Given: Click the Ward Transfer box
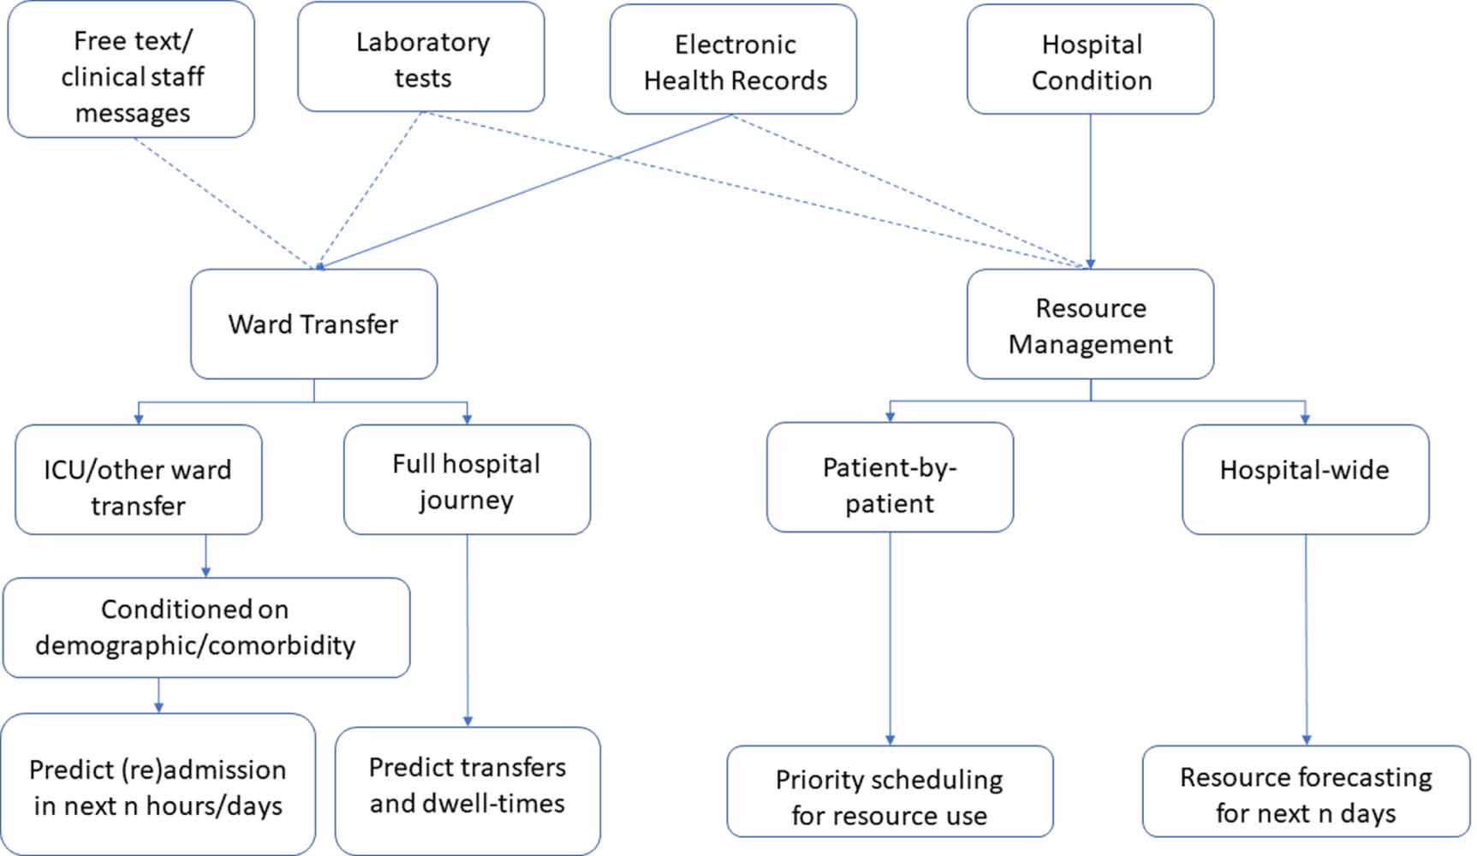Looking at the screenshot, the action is pos(314,324).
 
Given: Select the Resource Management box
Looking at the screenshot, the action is pos(1090,324).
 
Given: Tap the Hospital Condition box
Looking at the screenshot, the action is pos(1090,60).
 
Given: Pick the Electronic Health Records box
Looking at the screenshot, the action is pos(734,60).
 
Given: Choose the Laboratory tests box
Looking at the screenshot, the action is pos(421,57).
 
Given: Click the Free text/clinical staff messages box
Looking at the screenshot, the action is pos(131,70).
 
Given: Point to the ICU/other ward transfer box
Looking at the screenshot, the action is pos(139,480).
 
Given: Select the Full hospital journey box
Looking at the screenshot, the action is pos(468,480).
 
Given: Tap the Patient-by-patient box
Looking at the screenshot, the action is pos(890,478).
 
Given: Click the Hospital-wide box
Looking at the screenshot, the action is pos(1306,480).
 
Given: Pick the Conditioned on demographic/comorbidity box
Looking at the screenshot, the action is pos(206,628).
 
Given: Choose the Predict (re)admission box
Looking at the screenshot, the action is pos(158,785).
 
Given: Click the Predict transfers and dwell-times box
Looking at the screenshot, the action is pos(468,792).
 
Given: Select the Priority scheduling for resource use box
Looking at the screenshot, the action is pos(890,792).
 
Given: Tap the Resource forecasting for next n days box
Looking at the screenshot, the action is pos(1307,792).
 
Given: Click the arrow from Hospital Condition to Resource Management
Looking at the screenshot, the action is pos(1090,192).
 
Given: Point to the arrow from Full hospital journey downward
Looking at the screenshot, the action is pos(468,631).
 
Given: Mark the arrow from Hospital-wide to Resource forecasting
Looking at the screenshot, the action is pos(1307,640).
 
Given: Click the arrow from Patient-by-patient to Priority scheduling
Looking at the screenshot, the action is pos(890,639).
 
